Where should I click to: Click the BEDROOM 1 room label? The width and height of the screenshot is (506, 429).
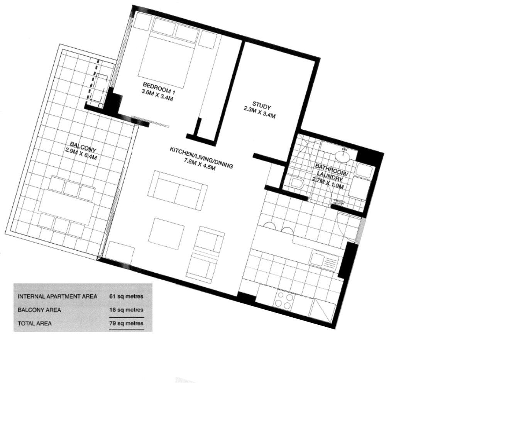click(x=159, y=88)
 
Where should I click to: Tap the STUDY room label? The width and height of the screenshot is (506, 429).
click(x=261, y=105)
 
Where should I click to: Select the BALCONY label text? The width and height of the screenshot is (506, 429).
click(x=83, y=146)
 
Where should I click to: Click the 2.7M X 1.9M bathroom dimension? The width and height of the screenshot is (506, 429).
click(x=328, y=183)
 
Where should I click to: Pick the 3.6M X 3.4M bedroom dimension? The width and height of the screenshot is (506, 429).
click(x=157, y=95)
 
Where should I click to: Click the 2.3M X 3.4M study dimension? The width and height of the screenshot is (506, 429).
click(x=259, y=112)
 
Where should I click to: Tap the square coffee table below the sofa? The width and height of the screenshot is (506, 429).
click(x=166, y=234)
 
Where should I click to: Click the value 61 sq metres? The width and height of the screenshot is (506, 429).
click(x=126, y=296)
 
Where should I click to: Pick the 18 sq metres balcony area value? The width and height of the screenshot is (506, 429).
click(x=126, y=310)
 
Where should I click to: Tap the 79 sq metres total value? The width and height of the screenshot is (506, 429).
click(x=126, y=323)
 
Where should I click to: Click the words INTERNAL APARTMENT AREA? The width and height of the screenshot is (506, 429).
click(x=58, y=297)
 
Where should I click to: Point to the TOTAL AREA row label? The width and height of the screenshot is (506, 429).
click(x=35, y=324)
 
